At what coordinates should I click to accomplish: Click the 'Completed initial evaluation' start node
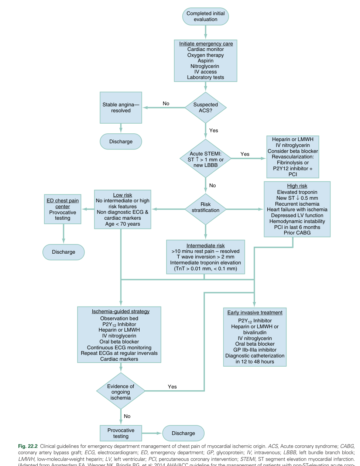(206, 17)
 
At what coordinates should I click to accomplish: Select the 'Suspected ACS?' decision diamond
(206, 107)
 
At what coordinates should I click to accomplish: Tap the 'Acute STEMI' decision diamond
(206, 159)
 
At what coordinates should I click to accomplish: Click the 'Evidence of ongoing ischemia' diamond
(121, 392)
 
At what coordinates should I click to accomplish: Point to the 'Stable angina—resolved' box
(121, 107)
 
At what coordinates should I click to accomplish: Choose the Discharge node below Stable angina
(121, 141)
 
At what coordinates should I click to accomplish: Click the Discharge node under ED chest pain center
(64, 252)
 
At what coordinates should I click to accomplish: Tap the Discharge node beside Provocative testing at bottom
(184, 433)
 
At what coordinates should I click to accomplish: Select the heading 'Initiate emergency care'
(206, 44)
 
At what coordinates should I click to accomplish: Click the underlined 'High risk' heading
(297, 186)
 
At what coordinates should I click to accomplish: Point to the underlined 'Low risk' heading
(123, 195)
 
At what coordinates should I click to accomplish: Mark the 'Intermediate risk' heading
(206, 246)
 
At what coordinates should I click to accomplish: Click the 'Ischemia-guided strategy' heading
(121, 311)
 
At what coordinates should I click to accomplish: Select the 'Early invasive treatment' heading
(255, 312)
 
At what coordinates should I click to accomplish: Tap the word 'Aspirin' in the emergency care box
(206, 61)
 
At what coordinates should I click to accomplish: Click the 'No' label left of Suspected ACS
(166, 103)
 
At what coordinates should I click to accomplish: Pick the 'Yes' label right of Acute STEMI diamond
(245, 154)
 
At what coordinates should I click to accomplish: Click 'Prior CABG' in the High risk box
(297, 233)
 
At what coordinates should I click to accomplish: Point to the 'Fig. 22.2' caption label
(28, 446)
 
